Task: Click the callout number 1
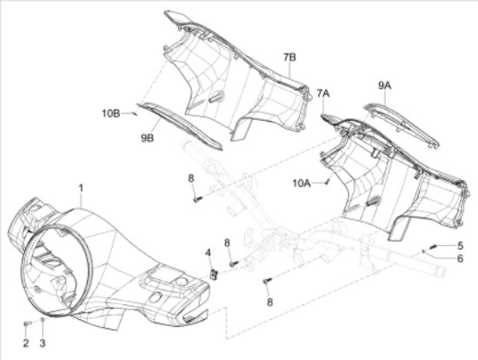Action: pyautogui.click(x=81, y=188)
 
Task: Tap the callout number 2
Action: pyautogui.click(x=26, y=343)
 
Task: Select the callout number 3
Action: pyautogui.click(x=43, y=343)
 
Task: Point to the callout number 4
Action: pyautogui.click(x=208, y=253)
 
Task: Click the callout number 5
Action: pyautogui.click(x=461, y=245)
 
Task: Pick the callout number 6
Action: pyautogui.click(x=461, y=258)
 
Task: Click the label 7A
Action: pyautogui.click(x=323, y=93)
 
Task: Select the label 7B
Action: pyautogui.click(x=289, y=57)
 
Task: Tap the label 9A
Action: pyautogui.click(x=385, y=86)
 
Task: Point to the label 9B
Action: pyautogui.click(x=147, y=138)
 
